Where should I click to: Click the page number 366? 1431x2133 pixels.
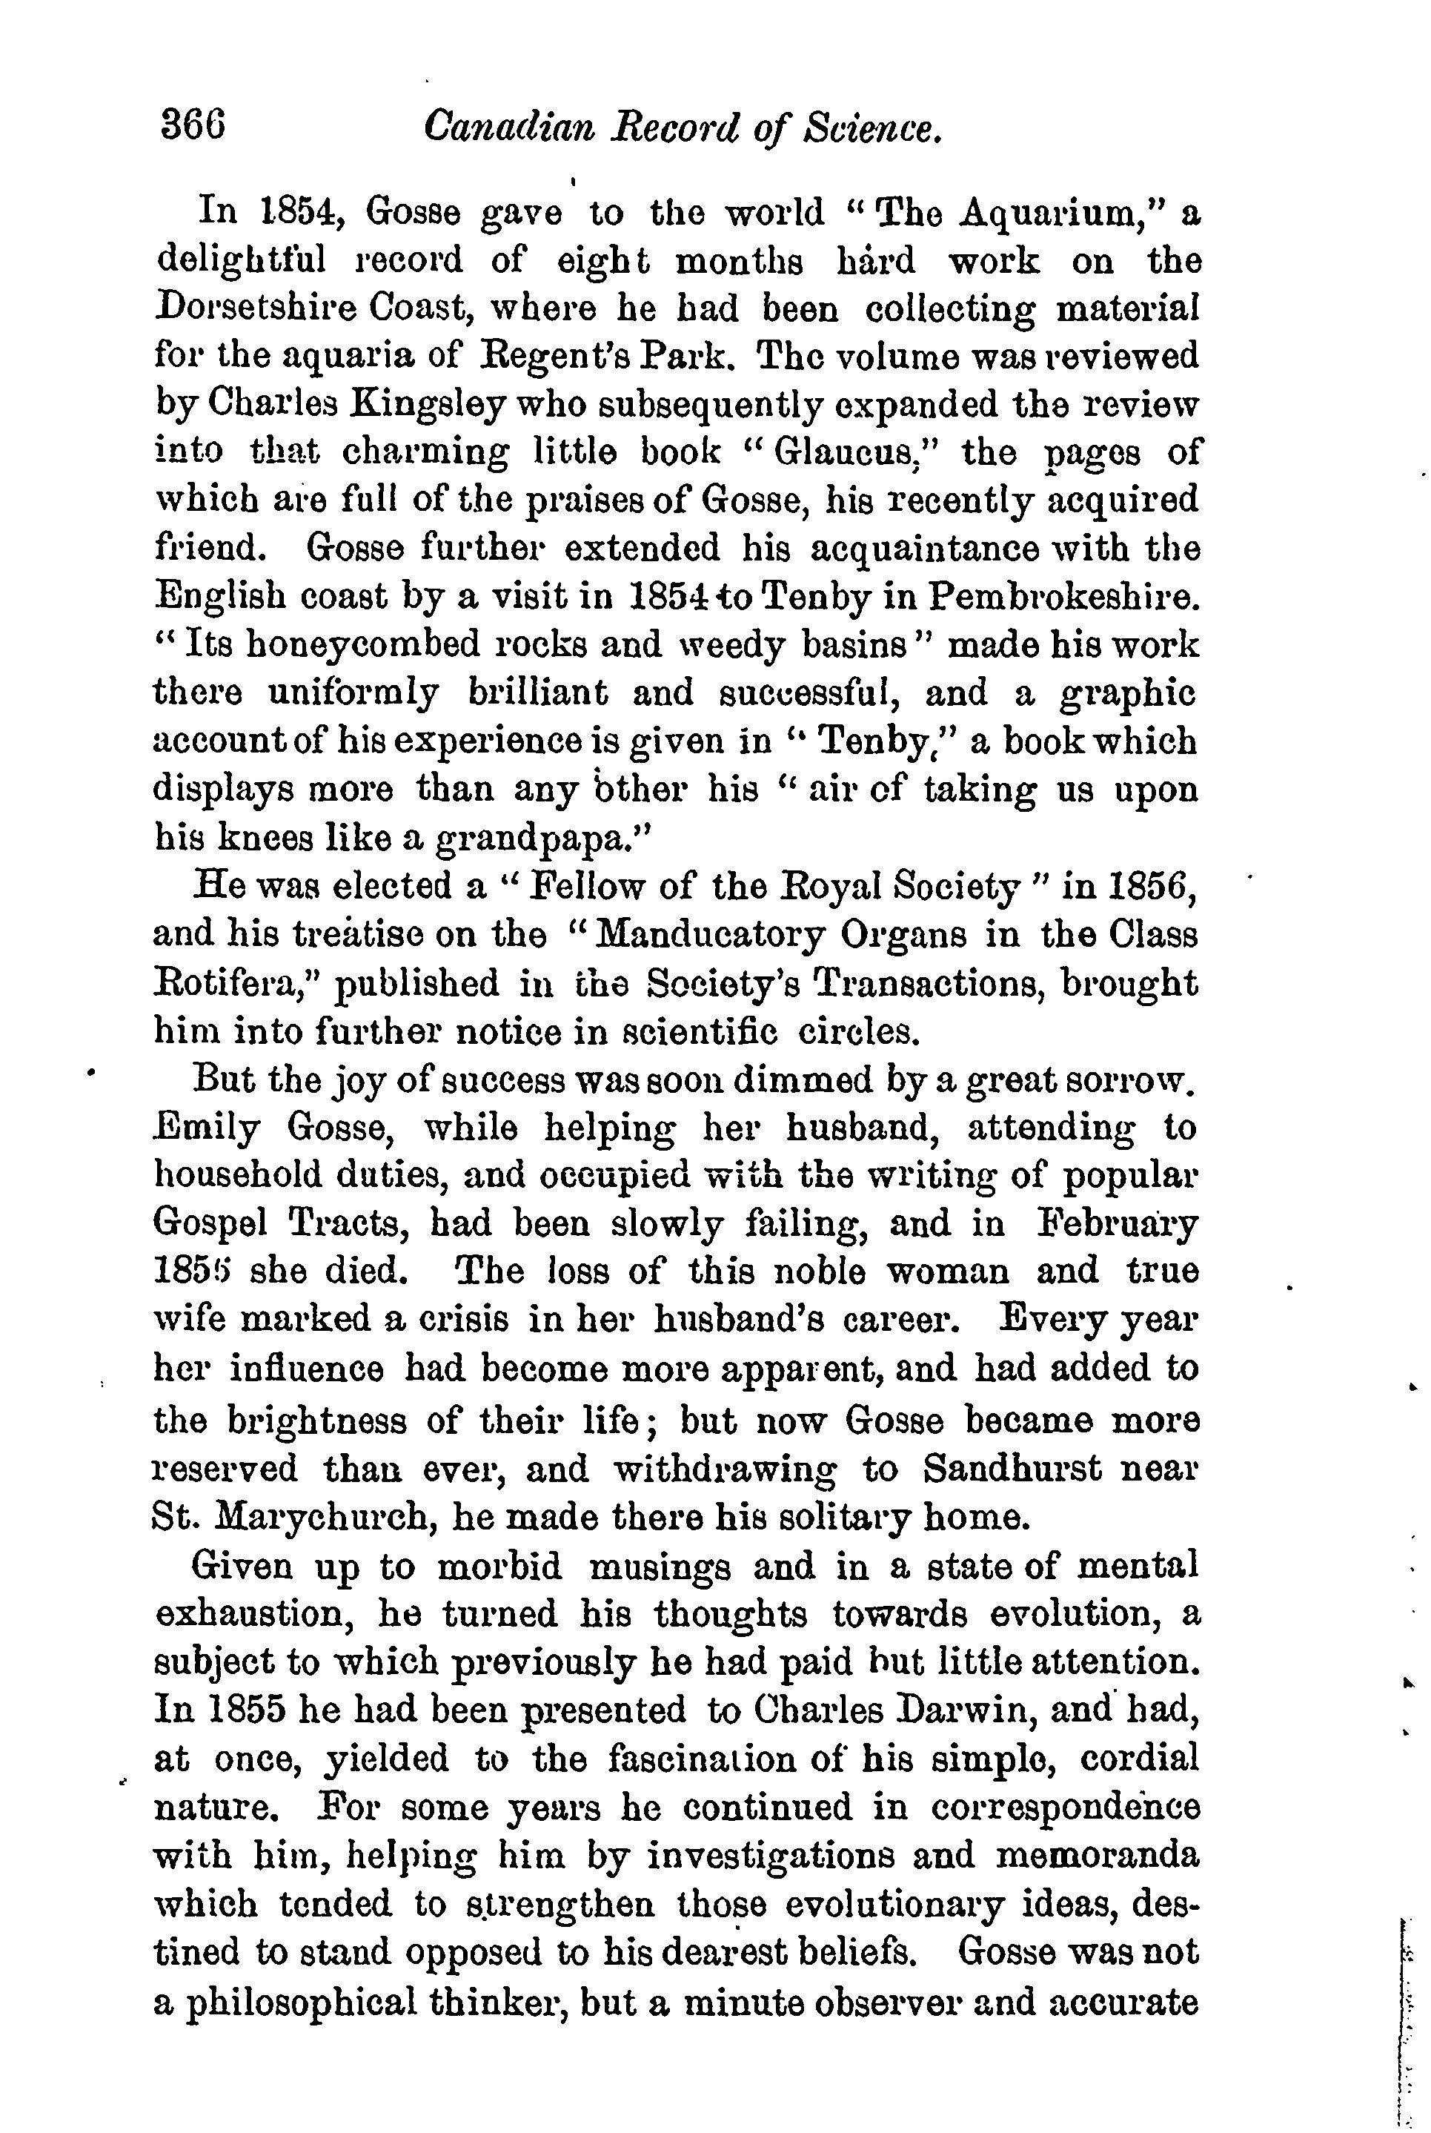pos(193,125)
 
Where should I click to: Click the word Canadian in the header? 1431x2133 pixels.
pos(509,127)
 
